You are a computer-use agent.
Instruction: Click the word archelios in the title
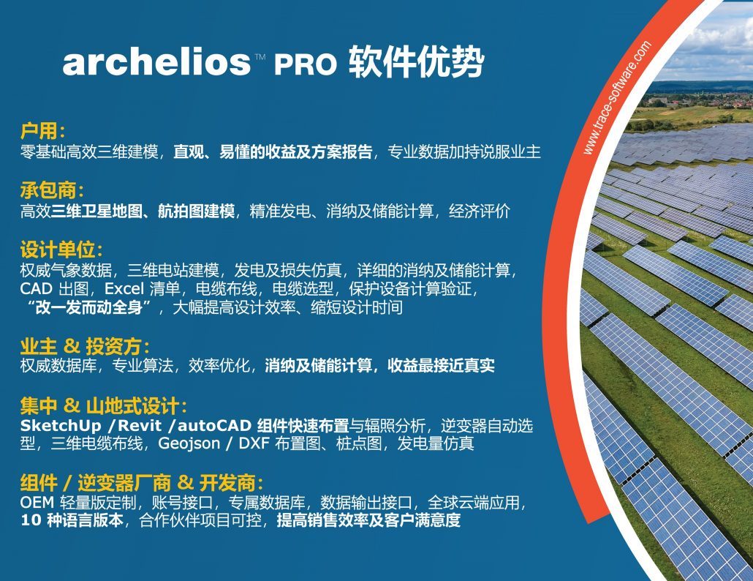[156, 61]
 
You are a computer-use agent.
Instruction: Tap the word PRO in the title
[306, 64]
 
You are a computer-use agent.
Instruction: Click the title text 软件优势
[416, 61]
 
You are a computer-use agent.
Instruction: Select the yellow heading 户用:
[42, 131]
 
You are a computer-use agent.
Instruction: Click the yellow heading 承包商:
[52, 190]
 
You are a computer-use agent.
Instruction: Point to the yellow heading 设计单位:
[61, 250]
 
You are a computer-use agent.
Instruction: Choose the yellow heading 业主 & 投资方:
[85, 346]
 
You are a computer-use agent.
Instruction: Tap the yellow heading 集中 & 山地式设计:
[103, 406]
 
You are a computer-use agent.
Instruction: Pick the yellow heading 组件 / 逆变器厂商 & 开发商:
[142, 482]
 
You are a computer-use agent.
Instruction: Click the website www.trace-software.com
[617, 97]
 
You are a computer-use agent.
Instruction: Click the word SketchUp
[61, 426]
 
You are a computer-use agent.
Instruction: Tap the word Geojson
[189, 443]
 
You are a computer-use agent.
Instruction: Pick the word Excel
[124, 288]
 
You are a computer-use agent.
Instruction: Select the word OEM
[37, 503]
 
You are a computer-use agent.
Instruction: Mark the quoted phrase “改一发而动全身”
[89, 307]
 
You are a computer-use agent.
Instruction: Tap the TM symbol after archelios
[260, 56]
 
